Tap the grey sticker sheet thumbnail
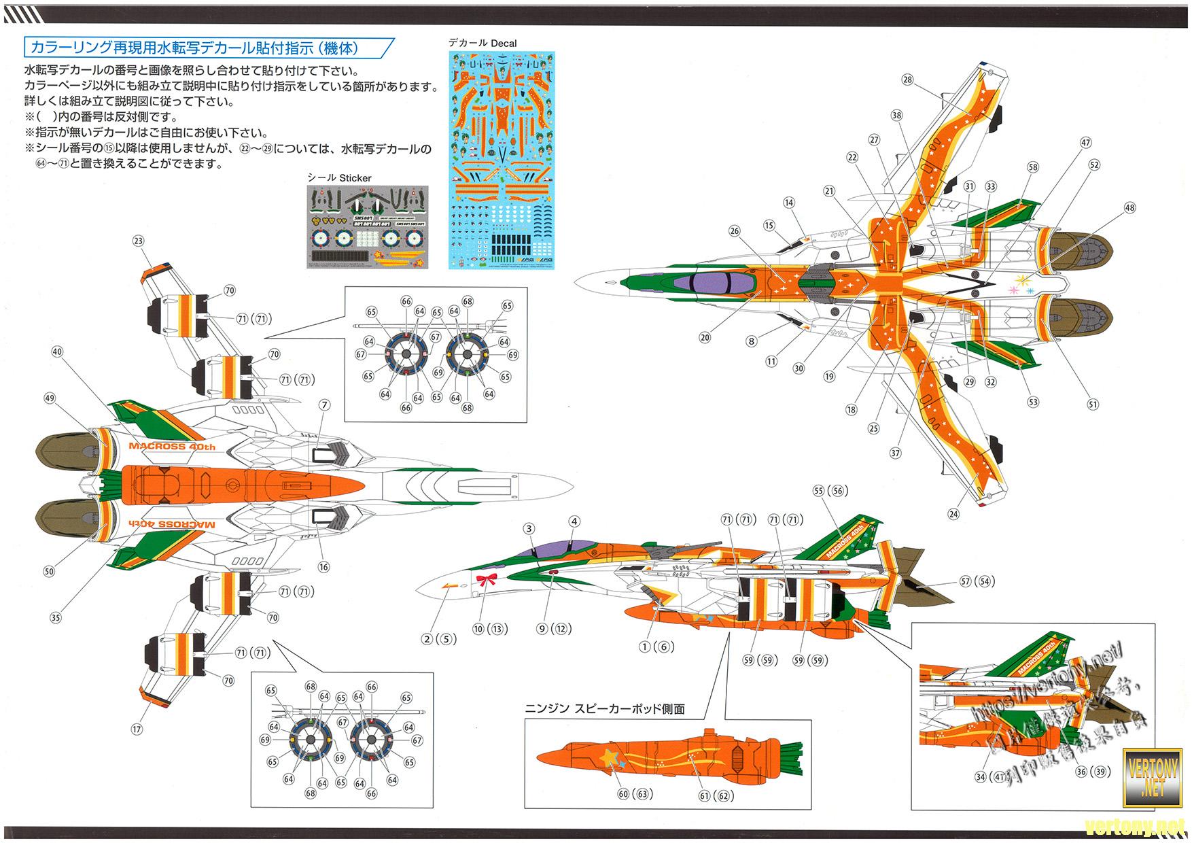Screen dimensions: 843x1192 click(367, 226)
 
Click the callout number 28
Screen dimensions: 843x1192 click(908, 80)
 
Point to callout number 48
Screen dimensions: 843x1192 click(1129, 208)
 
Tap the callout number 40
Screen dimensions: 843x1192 click(57, 351)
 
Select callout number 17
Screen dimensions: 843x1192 click(137, 729)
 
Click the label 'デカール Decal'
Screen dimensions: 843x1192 click(483, 43)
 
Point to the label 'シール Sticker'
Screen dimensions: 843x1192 click(340, 178)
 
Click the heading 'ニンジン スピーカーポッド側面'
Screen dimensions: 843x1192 click(605, 709)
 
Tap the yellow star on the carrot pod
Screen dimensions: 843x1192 click(608, 756)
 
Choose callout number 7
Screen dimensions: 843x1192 click(324, 405)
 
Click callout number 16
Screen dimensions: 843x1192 click(323, 567)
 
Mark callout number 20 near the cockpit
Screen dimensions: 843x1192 click(704, 338)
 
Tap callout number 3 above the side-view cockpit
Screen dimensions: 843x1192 click(529, 529)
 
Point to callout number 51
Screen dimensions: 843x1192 click(1093, 405)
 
